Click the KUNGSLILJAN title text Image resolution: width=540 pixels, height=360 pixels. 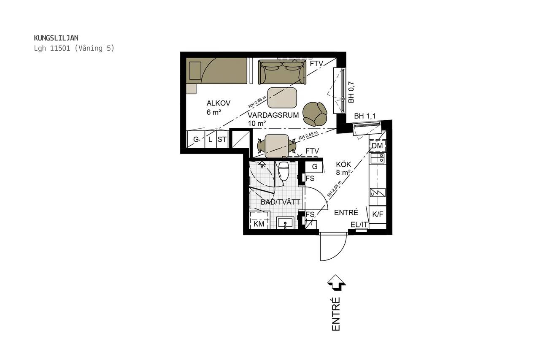(56, 38)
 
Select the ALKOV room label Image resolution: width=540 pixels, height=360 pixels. (219, 103)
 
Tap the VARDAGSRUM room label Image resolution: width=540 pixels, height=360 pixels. (273, 115)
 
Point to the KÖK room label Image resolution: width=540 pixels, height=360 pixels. (343, 165)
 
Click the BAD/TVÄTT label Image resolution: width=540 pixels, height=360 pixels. (281, 202)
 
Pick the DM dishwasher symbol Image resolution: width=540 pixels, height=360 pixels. (378, 146)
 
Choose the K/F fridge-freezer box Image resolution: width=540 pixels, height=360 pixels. (378, 214)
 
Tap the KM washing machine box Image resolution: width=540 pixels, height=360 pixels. (259, 220)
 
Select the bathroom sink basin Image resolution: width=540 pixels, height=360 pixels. (285, 222)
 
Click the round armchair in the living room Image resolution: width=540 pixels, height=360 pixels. (315, 114)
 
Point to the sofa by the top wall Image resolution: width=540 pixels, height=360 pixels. (282, 72)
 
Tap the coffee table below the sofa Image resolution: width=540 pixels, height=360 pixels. (282, 97)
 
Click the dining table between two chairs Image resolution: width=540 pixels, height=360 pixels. (277, 146)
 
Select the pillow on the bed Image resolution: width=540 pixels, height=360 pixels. (195, 70)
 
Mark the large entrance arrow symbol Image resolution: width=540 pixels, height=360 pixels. (337, 283)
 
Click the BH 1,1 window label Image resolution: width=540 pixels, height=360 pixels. (365, 116)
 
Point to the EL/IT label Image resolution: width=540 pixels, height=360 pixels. (359, 225)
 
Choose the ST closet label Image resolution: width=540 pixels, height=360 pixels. (222, 139)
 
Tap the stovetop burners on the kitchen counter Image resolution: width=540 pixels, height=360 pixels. (378, 158)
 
